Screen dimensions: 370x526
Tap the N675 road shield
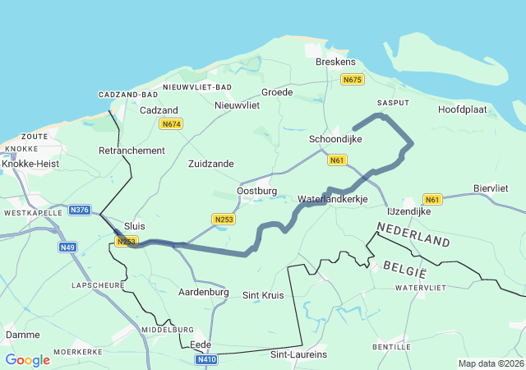352,79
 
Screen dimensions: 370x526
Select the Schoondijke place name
335,140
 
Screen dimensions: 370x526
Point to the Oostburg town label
256,191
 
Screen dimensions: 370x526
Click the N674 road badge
170,124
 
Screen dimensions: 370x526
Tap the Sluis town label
134,225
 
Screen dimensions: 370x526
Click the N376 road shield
80,210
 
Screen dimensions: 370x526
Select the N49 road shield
67,247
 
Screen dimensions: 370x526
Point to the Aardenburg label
203,292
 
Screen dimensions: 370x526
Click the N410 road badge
206,359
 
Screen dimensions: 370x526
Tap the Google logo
27,359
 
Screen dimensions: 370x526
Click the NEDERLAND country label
413,234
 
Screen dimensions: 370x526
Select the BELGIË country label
404,266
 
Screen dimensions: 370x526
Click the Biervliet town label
496,188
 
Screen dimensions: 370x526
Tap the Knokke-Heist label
29,164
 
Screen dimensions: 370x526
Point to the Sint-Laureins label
298,354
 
